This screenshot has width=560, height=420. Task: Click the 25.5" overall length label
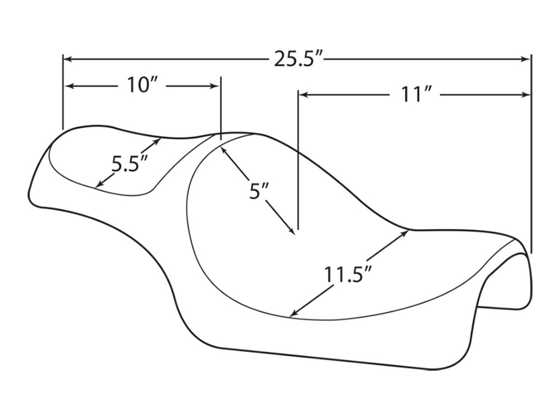[296, 59]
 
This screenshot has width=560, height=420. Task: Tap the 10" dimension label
[142, 86]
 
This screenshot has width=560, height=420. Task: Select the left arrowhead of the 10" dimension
[70, 86]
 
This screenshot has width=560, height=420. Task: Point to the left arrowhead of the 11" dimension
[303, 95]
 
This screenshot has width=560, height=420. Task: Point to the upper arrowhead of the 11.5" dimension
[405, 233]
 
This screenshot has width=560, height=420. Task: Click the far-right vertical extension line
[530, 168]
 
